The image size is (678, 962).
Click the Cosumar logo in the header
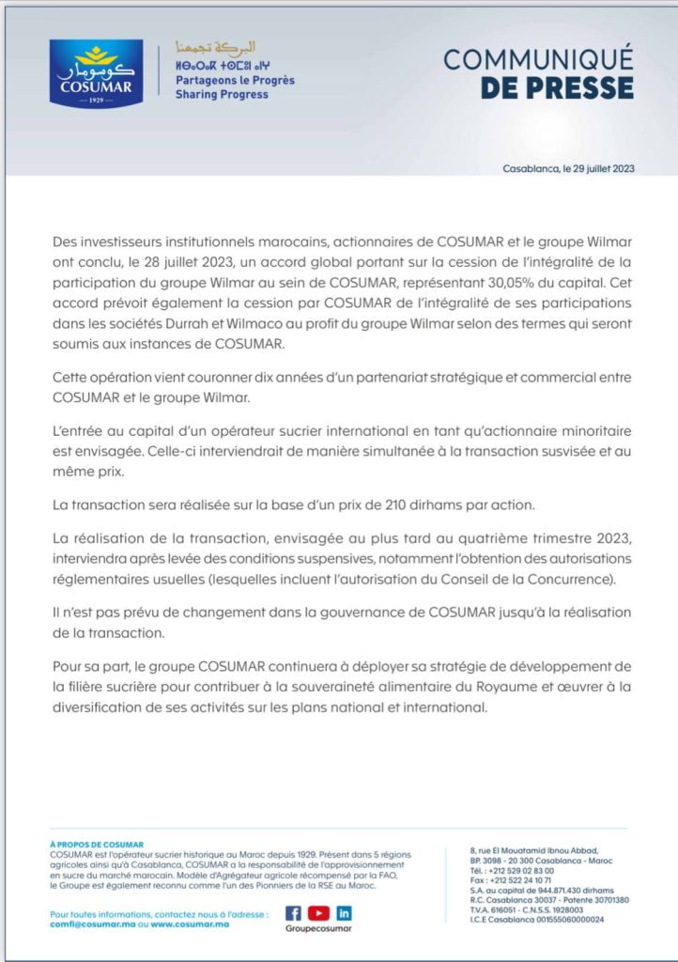96,73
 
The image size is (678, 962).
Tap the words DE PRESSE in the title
557,87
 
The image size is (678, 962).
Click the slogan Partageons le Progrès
235,81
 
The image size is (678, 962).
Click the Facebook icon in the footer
292,912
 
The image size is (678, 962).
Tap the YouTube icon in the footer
318,912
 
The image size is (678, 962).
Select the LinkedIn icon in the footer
344,912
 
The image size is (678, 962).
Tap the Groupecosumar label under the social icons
317,929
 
